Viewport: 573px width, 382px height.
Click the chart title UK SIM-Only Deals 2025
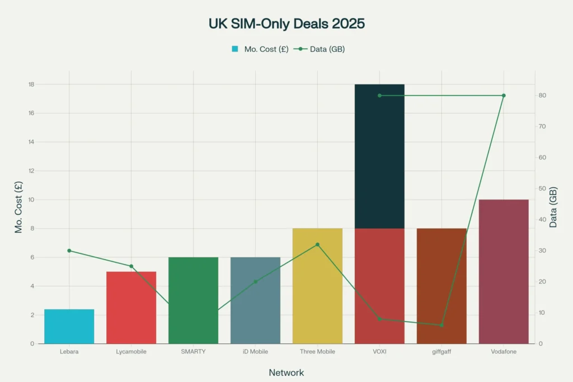point(286,24)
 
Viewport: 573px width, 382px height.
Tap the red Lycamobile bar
point(131,308)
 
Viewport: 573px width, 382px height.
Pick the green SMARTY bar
point(193,300)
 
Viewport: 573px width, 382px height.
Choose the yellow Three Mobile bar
point(317,286)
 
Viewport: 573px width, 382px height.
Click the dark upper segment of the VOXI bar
point(379,156)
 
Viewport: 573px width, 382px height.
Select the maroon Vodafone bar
point(504,271)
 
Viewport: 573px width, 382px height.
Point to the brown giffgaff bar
point(442,286)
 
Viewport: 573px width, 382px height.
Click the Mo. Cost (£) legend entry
point(260,49)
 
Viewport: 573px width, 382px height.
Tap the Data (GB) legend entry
point(321,49)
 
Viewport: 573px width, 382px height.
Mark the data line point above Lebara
point(69,251)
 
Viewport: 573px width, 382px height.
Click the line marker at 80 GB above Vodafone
point(504,96)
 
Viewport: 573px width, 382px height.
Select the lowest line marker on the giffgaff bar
point(442,325)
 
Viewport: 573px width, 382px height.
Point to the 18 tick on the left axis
point(31,84)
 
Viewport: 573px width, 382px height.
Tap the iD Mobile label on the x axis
point(255,352)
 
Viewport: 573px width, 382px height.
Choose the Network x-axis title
point(286,372)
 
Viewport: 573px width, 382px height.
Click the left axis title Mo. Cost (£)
point(19,207)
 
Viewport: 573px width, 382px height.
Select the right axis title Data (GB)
point(553,207)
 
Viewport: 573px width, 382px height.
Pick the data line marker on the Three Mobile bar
point(317,244)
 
